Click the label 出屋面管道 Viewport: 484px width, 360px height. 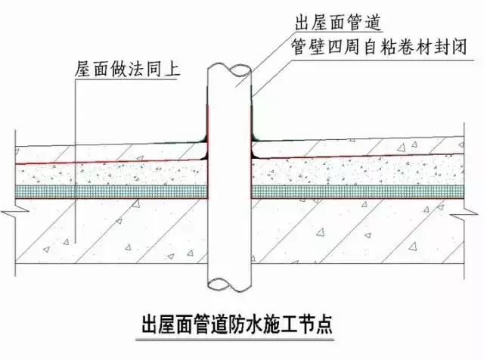(338, 23)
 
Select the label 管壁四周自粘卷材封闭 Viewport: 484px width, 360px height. (379, 47)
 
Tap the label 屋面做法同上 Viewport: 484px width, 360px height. (127, 69)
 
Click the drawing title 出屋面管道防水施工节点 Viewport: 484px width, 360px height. (237, 324)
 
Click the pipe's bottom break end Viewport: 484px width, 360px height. (228, 284)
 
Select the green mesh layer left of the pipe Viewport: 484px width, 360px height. (111, 192)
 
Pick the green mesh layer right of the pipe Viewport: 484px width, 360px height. (358, 192)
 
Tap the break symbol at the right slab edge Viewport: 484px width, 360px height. (464, 213)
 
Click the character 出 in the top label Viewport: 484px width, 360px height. (302, 23)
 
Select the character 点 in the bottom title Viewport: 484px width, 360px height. (324, 324)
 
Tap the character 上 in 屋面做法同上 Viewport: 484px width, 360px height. (172, 69)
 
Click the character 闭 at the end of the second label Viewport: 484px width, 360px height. (458, 47)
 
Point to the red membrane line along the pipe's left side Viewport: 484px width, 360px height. (207, 151)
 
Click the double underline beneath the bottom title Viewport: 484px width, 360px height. (235, 340)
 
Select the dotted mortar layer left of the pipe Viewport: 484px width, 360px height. (111, 174)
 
